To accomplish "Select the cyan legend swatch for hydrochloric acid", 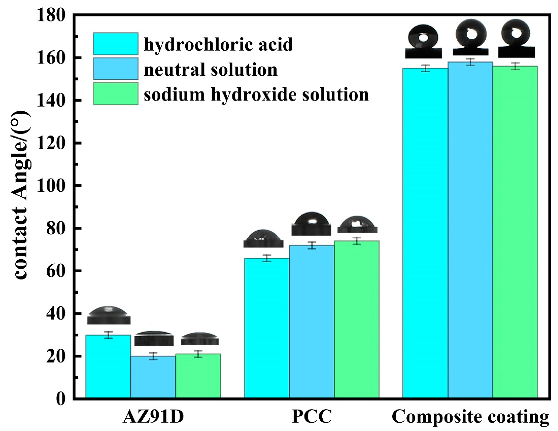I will pyautogui.click(x=116, y=43).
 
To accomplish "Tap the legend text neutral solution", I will pyautogui.click(x=211, y=69).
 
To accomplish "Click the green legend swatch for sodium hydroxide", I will pyautogui.click(x=116, y=94).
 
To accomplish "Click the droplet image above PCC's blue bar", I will pyautogui.click(x=311, y=224).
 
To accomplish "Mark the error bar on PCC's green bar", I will pyautogui.click(x=357, y=241).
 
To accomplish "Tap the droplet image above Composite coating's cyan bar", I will pyautogui.click(x=423, y=45).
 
